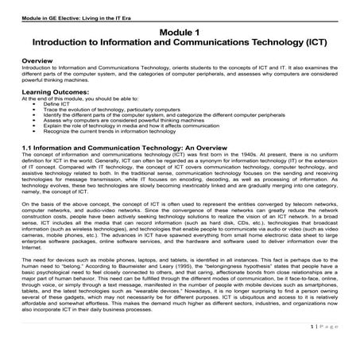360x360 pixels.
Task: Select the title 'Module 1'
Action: click(x=180, y=29)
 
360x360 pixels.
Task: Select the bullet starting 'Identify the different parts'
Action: click(x=143, y=114)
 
